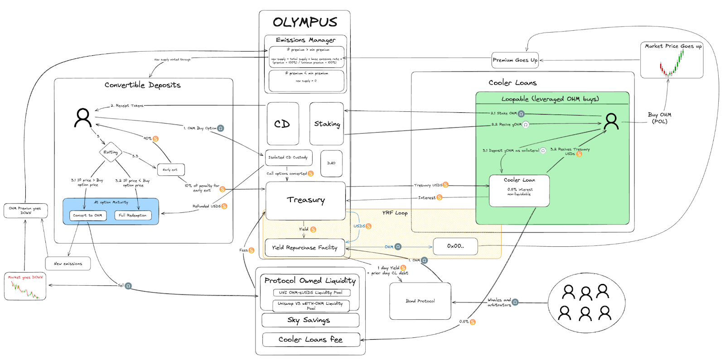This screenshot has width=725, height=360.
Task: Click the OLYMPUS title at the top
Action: pyautogui.click(x=305, y=22)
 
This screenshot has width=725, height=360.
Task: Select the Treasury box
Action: pyautogui.click(x=305, y=201)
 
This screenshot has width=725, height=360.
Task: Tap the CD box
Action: pyautogui.click(x=283, y=124)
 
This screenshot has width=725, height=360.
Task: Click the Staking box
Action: pyautogui.click(x=327, y=124)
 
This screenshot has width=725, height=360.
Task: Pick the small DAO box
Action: pyautogui.click(x=331, y=163)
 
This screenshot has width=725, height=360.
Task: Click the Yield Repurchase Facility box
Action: pyautogui.click(x=304, y=248)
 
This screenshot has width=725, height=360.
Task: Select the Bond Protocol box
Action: pyautogui.click(x=420, y=301)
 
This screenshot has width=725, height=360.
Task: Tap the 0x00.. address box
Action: pyautogui.click(x=455, y=246)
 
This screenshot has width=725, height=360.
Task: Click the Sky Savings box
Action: pyautogui.click(x=310, y=320)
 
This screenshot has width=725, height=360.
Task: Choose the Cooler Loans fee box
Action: pyautogui.click(x=311, y=340)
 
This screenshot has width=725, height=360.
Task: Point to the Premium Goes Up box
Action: pyautogui.click(x=515, y=60)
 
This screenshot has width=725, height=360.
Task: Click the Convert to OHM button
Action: pyautogui.click(x=88, y=216)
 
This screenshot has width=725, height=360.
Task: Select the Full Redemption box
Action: pyautogui.click(x=133, y=216)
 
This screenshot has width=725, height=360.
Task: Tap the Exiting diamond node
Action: pyautogui.click(x=111, y=152)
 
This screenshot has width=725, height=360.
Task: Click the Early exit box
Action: pyautogui.click(x=170, y=170)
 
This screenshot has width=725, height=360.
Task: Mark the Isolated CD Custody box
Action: pyautogui.click(x=288, y=158)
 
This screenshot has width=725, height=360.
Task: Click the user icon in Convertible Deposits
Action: pyautogui.click(x=83, y=118)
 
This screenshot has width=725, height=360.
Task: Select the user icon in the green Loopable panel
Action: pyautogui.click(x=611, y=121)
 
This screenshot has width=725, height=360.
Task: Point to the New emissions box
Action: pyautogui.click(x=68, y=264)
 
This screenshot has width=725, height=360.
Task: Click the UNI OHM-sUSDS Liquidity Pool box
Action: pyautogui.click(x=311, y=293)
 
